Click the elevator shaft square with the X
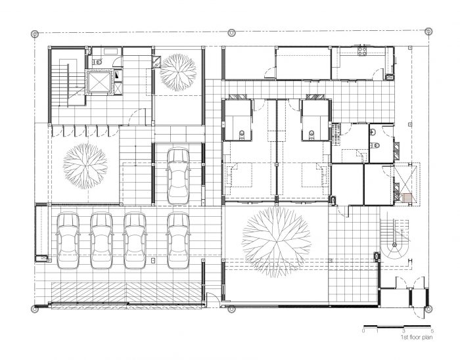[x=99, y=81]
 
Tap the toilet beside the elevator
[x=97, y=62]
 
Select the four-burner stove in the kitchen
[x=362, y=51]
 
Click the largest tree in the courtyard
[x=276, y=242]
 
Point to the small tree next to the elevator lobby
[x=178, y=72]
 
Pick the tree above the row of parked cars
[x=85, y=166]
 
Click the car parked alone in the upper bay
[x=178, y=176]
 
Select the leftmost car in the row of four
[x=68, y=241]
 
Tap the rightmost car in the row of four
[x=178, y=241]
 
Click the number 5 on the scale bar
[x=432, y=331]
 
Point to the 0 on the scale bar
[x=364, y=331]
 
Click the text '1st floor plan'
[x=417, y=338]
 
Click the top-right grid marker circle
[x=428, y=31]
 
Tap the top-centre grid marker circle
[x=231, y=32]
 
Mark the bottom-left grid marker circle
[x=35, y=309]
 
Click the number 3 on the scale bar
[x=404, y=331]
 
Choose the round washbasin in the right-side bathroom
[x=373, y=132]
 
